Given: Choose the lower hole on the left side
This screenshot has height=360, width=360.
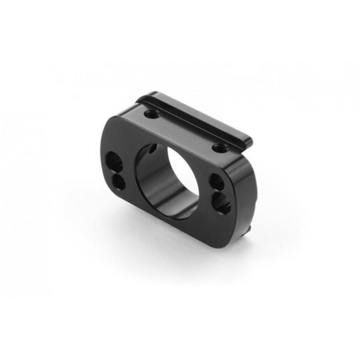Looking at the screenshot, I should [119, 182].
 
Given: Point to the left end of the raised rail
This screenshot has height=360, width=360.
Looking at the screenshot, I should [140, 100].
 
